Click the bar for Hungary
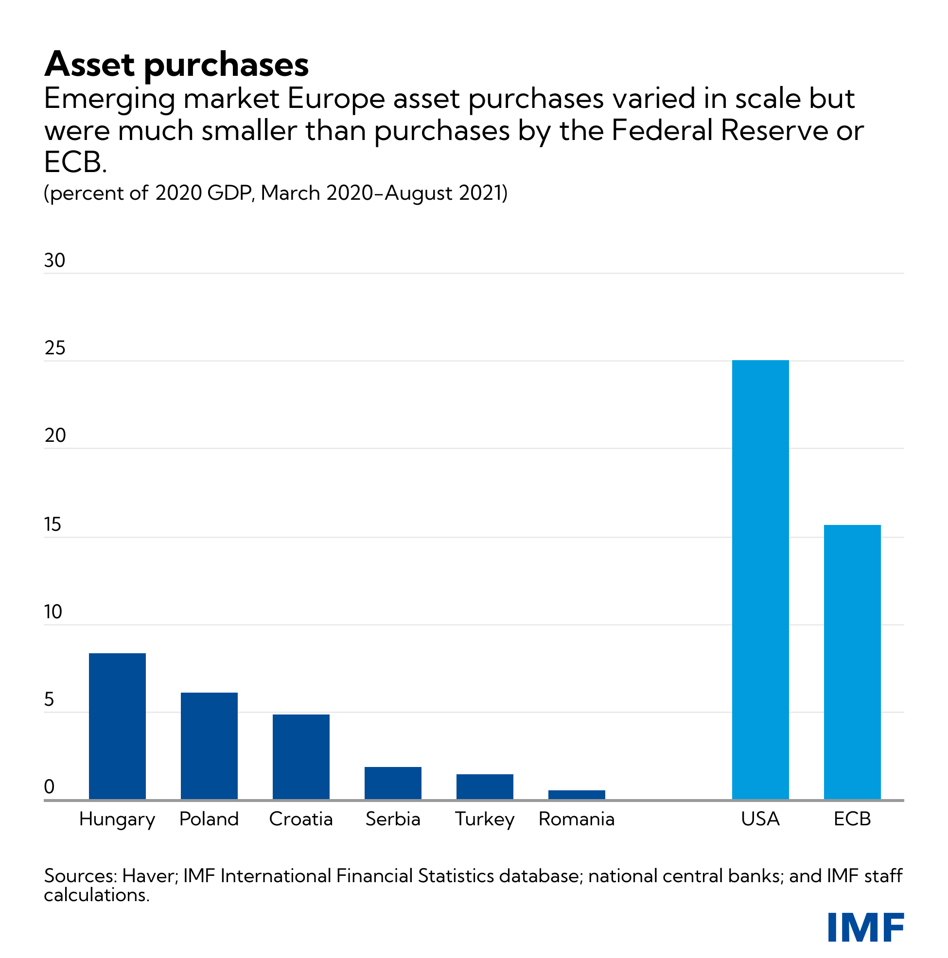117,726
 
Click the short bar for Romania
577,794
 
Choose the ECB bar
852,662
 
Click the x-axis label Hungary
117,819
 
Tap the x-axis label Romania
577,819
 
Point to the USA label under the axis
760,819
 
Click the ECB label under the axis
852,819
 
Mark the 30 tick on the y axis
54,261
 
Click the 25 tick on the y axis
54,348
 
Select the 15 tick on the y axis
53,524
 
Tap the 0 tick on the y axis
49,787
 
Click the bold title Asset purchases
176,65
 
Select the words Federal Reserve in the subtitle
720,131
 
